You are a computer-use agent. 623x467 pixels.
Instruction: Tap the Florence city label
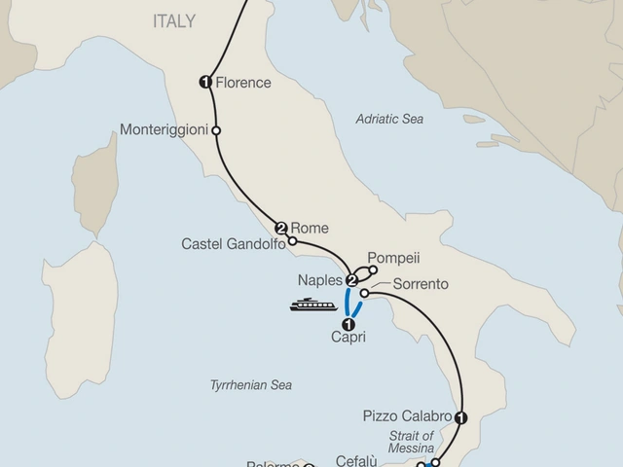click(243, 83)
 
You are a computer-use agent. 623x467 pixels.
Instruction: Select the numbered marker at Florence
click(205, 83)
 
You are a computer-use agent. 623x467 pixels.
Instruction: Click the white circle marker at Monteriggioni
click(216, 129)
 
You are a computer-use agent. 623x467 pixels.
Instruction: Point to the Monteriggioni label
click(163, 129)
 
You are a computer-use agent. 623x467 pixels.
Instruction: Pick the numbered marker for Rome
click(281, 229)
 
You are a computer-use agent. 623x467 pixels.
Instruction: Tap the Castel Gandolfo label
click(234, 244)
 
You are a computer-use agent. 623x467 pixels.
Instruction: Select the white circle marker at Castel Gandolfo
click(292, 241)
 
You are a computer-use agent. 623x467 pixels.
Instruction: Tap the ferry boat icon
click(311, 305)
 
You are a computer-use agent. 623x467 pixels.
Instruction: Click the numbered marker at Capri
click(348, 325)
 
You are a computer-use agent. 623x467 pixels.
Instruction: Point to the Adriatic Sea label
click(389, 119)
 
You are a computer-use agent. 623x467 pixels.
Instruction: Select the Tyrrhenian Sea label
click(250, 385)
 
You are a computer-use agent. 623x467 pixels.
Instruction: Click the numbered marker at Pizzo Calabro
click(461, 417)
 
